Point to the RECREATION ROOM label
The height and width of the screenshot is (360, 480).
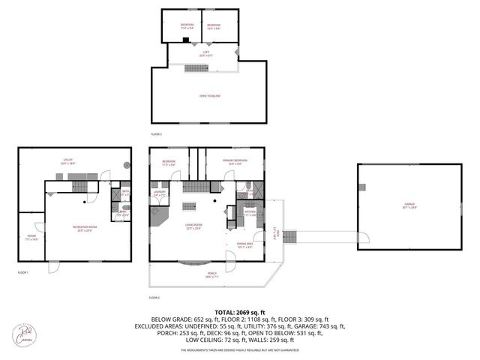[83, 228]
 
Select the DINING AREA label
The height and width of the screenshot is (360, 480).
[245, 244]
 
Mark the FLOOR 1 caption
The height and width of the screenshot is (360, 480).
[22, 272]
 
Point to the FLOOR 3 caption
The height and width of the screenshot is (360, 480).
[156, 134]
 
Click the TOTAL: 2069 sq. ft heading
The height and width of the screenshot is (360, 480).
[239, 312]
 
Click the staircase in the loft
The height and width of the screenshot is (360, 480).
[196, 68]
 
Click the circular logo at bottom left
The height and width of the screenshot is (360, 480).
[25, 334]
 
